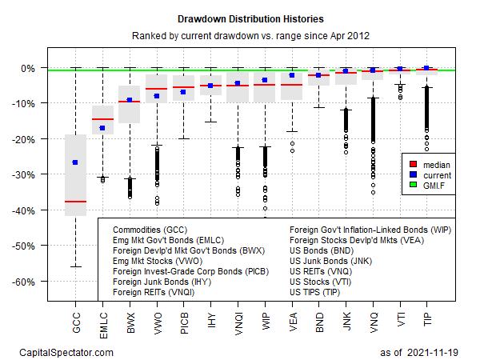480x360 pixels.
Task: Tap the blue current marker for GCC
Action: pos(75,162)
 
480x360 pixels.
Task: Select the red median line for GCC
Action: pos(75,202)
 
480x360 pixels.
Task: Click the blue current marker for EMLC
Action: pos(102,128)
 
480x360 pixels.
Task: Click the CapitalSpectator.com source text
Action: pos(66,352)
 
